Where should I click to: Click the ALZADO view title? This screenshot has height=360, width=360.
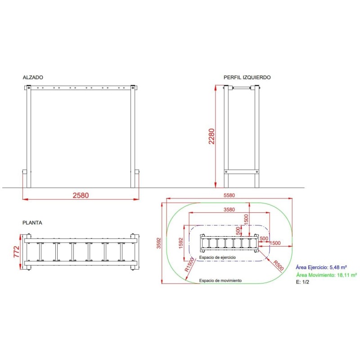[x=33, y=77]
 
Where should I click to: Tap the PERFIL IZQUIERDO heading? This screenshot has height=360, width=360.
[x=247, y=77]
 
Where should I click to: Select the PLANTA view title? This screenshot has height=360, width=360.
[x=32, y=223]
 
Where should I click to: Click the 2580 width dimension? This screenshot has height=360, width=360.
[x=81, y=195]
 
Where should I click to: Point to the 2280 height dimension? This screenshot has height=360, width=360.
[x=211, y=136]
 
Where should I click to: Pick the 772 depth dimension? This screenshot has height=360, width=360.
[x=16, y=252]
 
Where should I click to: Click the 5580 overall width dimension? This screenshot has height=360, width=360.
[x=229, y=195]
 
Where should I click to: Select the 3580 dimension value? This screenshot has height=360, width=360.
[x=229, y=209]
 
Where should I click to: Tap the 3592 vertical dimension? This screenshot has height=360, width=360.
[x=159, y=243]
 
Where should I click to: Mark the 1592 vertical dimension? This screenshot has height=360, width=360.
[x=181, y=243]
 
